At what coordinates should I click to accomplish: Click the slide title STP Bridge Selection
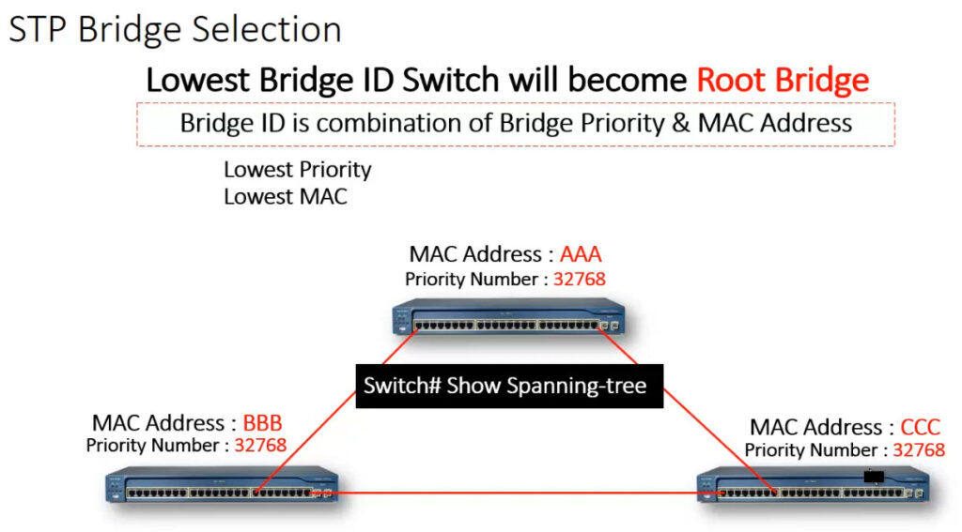pyautogui.click(x=176, y=29)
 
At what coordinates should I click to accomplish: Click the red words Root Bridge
pyautogui.click(x=783, y=80)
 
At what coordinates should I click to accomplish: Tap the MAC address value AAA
pyautogui.click(x=581, y=253)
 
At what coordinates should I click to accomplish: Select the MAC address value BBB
pyautogui.click(x=263, y=423)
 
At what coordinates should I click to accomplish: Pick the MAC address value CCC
pyautogui.click(x=921, y=427)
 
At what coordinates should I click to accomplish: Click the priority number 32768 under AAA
pyautogui.click(x=579, y=280)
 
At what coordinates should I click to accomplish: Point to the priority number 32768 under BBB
pyautogui.click(x=260, y=445)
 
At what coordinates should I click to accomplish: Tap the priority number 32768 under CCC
pyautogui.click(x=919, y=449)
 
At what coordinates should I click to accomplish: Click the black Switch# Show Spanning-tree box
pyautogui.click(x=509, y=387)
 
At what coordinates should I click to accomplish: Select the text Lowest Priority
pyautogui.click(x=298, y=170)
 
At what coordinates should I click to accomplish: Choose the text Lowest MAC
pyautogui.click(x=286, y=197)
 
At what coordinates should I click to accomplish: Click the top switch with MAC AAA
pyautogui.click(x=508, y=317)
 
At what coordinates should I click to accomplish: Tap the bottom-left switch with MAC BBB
pyautogui.click(x=222, y=485)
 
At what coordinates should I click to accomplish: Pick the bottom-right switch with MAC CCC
pyautogui.click(x=814, y=485)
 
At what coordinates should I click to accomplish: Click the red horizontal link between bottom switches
pyautogui.click(x=519, y=493)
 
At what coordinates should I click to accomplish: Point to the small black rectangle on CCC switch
pyautogui.click(x=874, y=477)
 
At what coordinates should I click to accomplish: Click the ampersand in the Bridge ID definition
pyautogui.click(x=681, y=123)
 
